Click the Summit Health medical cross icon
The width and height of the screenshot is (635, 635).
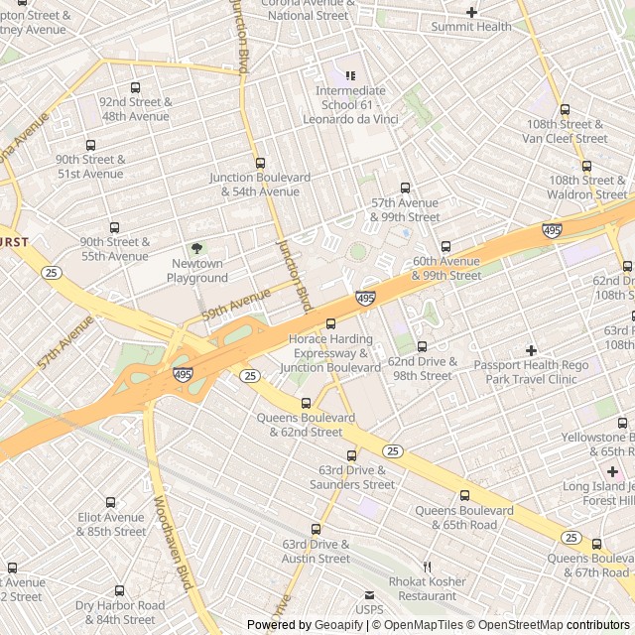(471, 12)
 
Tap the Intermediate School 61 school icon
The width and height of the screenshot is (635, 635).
(349, 75)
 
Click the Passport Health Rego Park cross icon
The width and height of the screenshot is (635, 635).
(531, 349)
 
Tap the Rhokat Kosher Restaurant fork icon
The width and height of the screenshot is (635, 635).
(428, 566)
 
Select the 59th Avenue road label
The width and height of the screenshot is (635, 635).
(236, 304)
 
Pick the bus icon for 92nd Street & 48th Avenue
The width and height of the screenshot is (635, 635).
(136, 87)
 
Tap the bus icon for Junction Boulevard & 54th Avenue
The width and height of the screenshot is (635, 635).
(261, 163)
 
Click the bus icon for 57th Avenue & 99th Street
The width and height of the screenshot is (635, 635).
(405, 188)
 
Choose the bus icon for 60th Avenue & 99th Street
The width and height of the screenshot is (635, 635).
(445, 246)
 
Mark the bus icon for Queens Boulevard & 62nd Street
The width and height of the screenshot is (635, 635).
(306, 403)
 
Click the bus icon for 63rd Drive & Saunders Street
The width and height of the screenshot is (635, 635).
(351, 455)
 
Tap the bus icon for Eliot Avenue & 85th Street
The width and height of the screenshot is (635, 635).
(110, 502)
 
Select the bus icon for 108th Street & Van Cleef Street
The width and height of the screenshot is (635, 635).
(565, 110)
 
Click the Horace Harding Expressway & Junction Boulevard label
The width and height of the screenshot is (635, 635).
(334, 353)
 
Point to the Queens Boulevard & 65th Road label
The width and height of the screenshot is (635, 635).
(463, 517)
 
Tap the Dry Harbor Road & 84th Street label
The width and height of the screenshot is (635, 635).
(119, 612)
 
